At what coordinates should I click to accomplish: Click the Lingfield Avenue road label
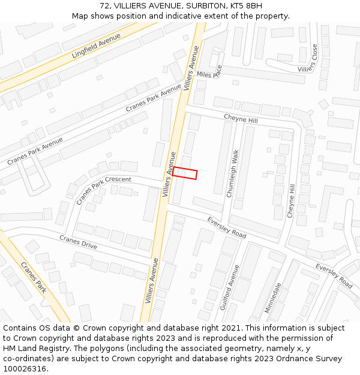point(96,46)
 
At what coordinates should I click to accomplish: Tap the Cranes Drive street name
point(78,242)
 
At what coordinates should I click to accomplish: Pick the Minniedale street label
point(272,298)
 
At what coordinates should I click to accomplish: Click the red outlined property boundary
point(185,173)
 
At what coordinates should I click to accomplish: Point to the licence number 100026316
point(25,368)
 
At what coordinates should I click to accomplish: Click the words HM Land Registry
point(32,348)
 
